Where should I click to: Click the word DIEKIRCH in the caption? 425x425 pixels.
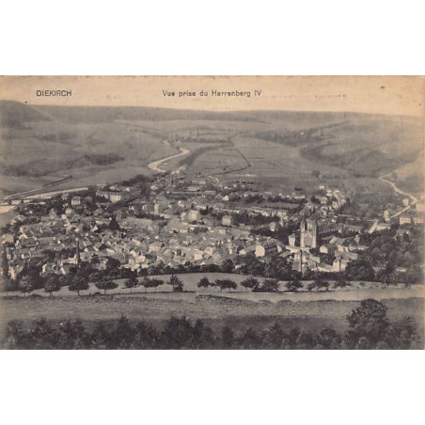54,93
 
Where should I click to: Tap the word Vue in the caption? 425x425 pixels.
169,93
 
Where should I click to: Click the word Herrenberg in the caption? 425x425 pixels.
232,93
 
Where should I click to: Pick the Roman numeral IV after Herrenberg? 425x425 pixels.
258,93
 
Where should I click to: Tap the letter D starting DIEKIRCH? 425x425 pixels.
39,93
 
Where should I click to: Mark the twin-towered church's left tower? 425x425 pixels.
302,228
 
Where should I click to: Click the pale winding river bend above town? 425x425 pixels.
169,160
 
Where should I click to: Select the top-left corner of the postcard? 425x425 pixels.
1,77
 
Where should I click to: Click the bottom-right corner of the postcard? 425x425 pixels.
423,348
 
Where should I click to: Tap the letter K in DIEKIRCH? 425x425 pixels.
53,93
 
